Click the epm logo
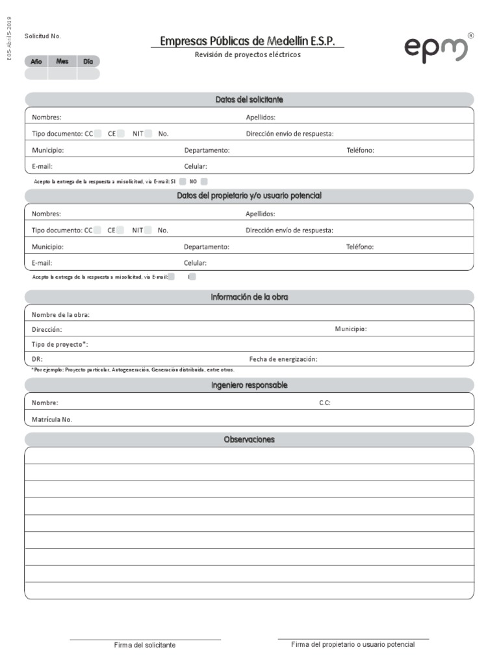click(x=436, y=49)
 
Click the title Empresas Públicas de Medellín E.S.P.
click(x=248, y=42)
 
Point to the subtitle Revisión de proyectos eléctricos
click(x=248, y=55)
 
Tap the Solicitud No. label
click(x=42, y=36)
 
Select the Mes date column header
click(x=62, y=61)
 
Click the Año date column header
click(x=36, y=61)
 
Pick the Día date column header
click(x=88, y=61)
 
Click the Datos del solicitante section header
click(x=249, y=100)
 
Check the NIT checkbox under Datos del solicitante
click(x=148, y=134)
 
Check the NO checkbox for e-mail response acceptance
click(x=204, y=182)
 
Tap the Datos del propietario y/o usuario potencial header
click(x=249, y=196)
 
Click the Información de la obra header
click(x=249, y=297)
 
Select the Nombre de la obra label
click(x=60, y=315)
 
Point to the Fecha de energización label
click(x=283, y=359)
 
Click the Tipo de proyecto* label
click(x=60, y=344)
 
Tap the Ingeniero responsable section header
click(x=249, y=386)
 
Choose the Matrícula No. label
click(x=52, y=420)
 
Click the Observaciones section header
click(x=249, y=440)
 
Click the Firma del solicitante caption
click(x=145, y=646)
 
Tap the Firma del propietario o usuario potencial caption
click(x=353, y=645)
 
